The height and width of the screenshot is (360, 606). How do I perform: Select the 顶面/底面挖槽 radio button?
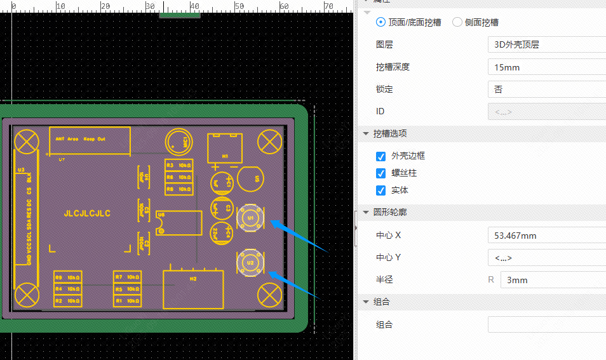click(381, 22)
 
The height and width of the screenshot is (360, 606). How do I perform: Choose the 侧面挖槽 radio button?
click(457, 22)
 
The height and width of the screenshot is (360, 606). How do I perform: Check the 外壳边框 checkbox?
click(381, 156)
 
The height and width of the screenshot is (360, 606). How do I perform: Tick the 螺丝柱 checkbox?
click(381, 173)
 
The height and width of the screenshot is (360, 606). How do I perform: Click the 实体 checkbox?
click(381, 190)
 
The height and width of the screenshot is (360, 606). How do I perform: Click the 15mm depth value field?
click(546, 67)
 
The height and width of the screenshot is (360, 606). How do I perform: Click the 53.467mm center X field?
click(546, 236)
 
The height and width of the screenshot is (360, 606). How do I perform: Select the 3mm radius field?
click(553, 280)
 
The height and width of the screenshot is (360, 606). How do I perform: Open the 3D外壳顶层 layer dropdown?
click(546, 44)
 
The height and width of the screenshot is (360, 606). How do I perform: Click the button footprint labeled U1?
click(250, 218)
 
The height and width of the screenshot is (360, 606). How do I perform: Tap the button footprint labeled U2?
click(250, 262)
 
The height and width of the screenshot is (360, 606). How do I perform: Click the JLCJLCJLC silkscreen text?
click(88, 214)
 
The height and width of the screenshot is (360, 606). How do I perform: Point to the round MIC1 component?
click(178, 141)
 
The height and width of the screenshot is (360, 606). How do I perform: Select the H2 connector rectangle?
click(194, 290)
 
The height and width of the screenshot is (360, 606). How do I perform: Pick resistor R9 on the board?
click(67, 277)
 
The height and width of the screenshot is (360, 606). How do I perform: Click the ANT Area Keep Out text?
click(81, 138)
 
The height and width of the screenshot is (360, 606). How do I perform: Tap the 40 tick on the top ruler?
click(195, 7)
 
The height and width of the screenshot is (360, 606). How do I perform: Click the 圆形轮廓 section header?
click(390, 212)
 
